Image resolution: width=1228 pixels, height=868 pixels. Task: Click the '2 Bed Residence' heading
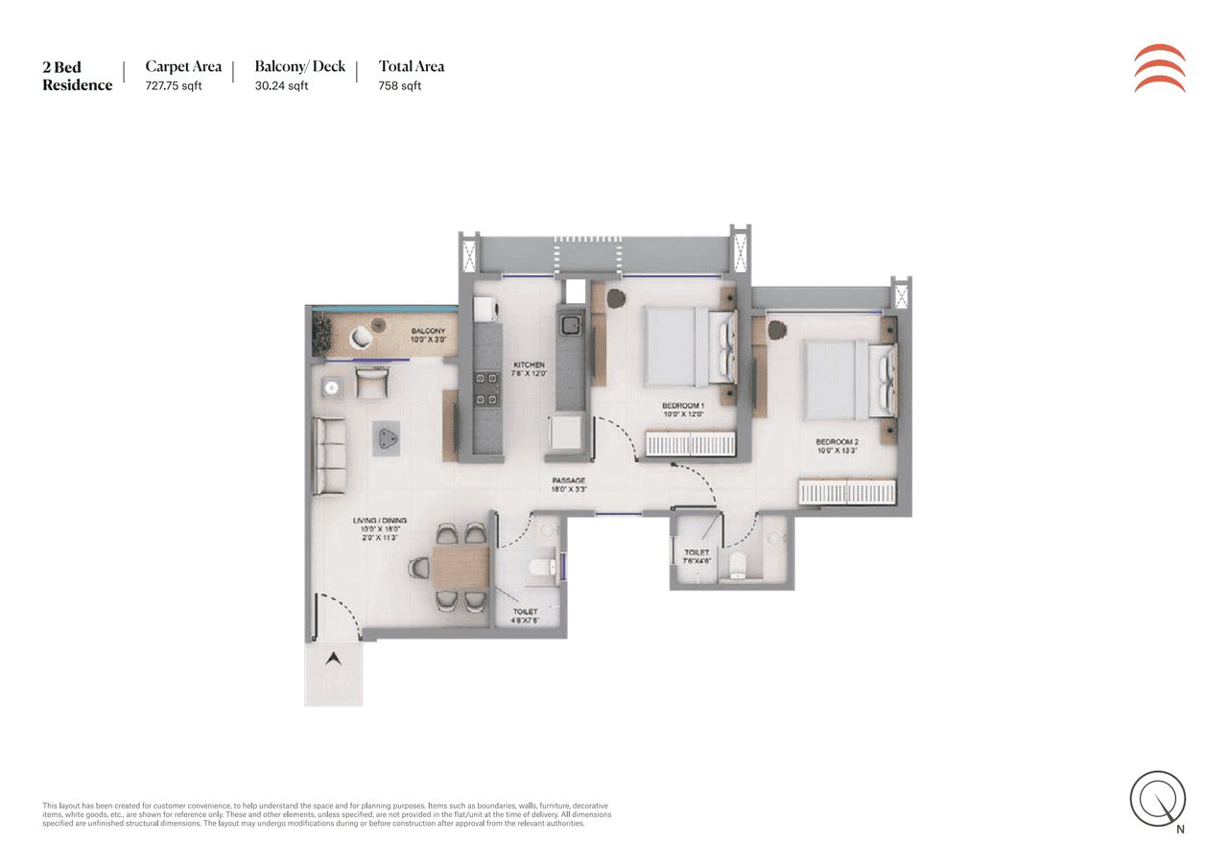tap(77, 76)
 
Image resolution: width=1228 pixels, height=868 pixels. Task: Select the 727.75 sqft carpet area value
tap(174, 85)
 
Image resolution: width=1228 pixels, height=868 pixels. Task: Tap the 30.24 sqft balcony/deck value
tap(281, 85)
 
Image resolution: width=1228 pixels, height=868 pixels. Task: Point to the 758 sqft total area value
tap(400, 85)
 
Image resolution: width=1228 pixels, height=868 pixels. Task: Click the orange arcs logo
tap(1159, 68)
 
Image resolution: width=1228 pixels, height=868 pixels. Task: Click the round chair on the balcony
tap(363, 337)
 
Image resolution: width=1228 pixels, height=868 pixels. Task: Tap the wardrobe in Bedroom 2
tap(848, 492)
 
